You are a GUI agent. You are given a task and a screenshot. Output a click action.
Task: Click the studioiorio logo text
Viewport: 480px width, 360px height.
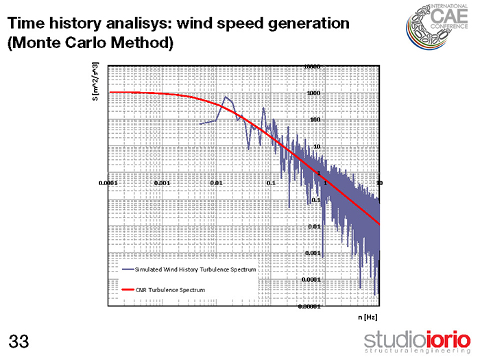coord(418,339)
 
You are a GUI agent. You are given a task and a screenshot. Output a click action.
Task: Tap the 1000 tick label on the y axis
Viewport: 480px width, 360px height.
coord(313,93)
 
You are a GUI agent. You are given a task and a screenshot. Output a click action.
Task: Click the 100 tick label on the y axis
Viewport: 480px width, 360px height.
coord(315,120)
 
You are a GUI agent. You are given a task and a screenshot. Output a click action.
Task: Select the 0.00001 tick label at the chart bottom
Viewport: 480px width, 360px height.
coord(309,307)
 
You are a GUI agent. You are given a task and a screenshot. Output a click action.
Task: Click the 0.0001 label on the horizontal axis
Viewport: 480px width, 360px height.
coord(108,183)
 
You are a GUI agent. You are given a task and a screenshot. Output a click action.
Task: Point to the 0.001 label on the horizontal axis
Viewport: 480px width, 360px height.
coord(163,183)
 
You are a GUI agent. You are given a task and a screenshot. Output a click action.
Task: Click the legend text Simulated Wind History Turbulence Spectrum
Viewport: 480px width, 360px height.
coord(195,269)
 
